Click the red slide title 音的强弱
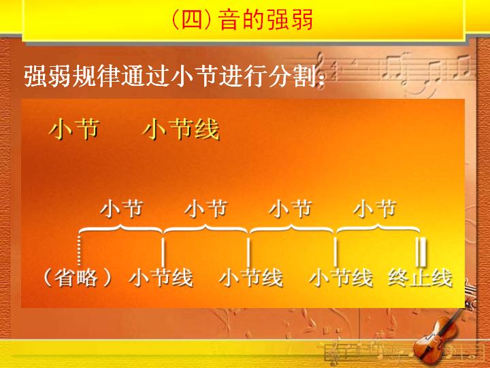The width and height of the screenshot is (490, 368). coord(265,20)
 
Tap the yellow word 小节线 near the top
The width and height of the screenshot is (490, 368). coord(181,129)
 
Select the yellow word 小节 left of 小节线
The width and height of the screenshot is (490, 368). coord(74,129)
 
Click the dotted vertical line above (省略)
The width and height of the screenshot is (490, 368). coord(79,250)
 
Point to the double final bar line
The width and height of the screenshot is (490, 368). coord(422,252)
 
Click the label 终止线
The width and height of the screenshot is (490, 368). coord(421,278)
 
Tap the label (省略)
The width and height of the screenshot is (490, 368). coord(77,278)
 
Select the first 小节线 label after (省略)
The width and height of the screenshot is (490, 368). coord(161,278)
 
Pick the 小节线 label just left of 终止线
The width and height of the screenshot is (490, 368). coord(341,278)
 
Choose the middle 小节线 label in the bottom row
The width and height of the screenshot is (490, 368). coord(251,278)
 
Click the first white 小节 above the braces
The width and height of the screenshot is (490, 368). coord(122,209)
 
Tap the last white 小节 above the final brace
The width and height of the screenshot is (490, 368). coord(375,209)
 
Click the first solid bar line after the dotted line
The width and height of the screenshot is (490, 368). coord(163,252)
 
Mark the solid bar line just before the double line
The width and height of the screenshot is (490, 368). coord(336,252)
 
